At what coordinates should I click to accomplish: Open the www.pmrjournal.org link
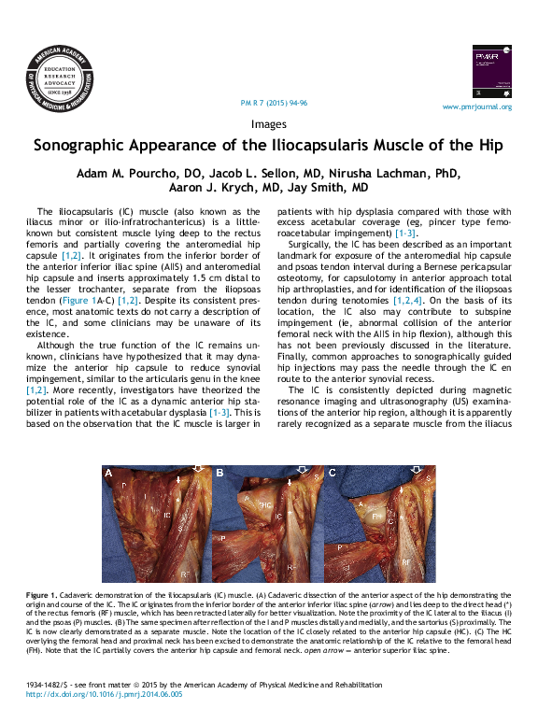(476, 107)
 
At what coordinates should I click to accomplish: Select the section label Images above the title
(269, 123)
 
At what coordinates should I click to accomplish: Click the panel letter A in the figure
(108, 474)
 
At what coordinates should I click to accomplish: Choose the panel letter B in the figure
(219, 474)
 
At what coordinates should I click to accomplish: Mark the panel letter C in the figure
(331, 474)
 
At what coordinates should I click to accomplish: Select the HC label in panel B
(267, 505)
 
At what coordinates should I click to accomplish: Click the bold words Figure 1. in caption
(42, 595)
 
